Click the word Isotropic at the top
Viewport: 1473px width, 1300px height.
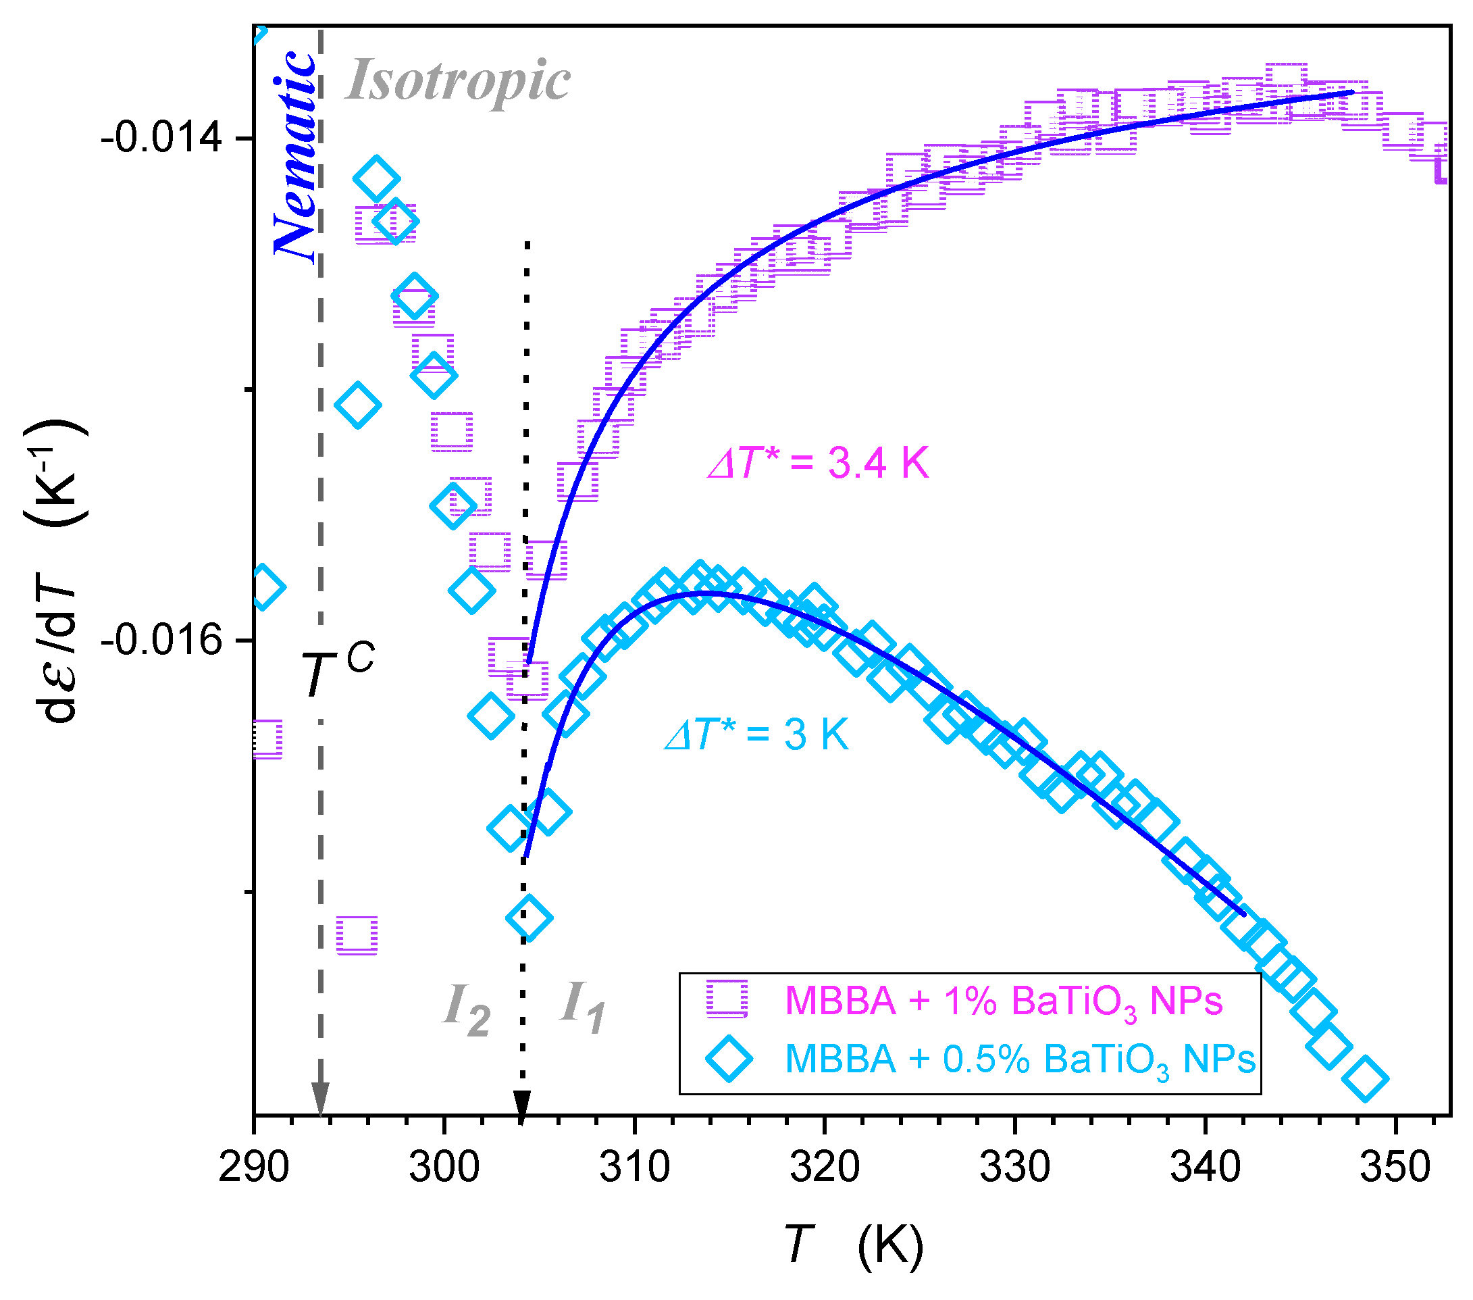coord(458,81)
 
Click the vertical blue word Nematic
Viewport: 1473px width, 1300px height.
coord(294,155)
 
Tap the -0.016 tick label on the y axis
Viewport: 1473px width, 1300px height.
coord(161,641)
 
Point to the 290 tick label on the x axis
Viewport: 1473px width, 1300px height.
coord(254,1167)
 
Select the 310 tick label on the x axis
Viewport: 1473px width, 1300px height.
coord(634,1167)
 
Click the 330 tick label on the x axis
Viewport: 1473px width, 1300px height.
coord(1014,1167)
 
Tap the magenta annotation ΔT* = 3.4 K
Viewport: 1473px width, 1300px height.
coord(818,463)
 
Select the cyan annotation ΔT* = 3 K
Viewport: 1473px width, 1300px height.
coord(756,735)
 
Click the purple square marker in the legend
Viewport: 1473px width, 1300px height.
coord(728,999)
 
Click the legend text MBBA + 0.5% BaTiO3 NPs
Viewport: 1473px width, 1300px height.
coord(1020,1059)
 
